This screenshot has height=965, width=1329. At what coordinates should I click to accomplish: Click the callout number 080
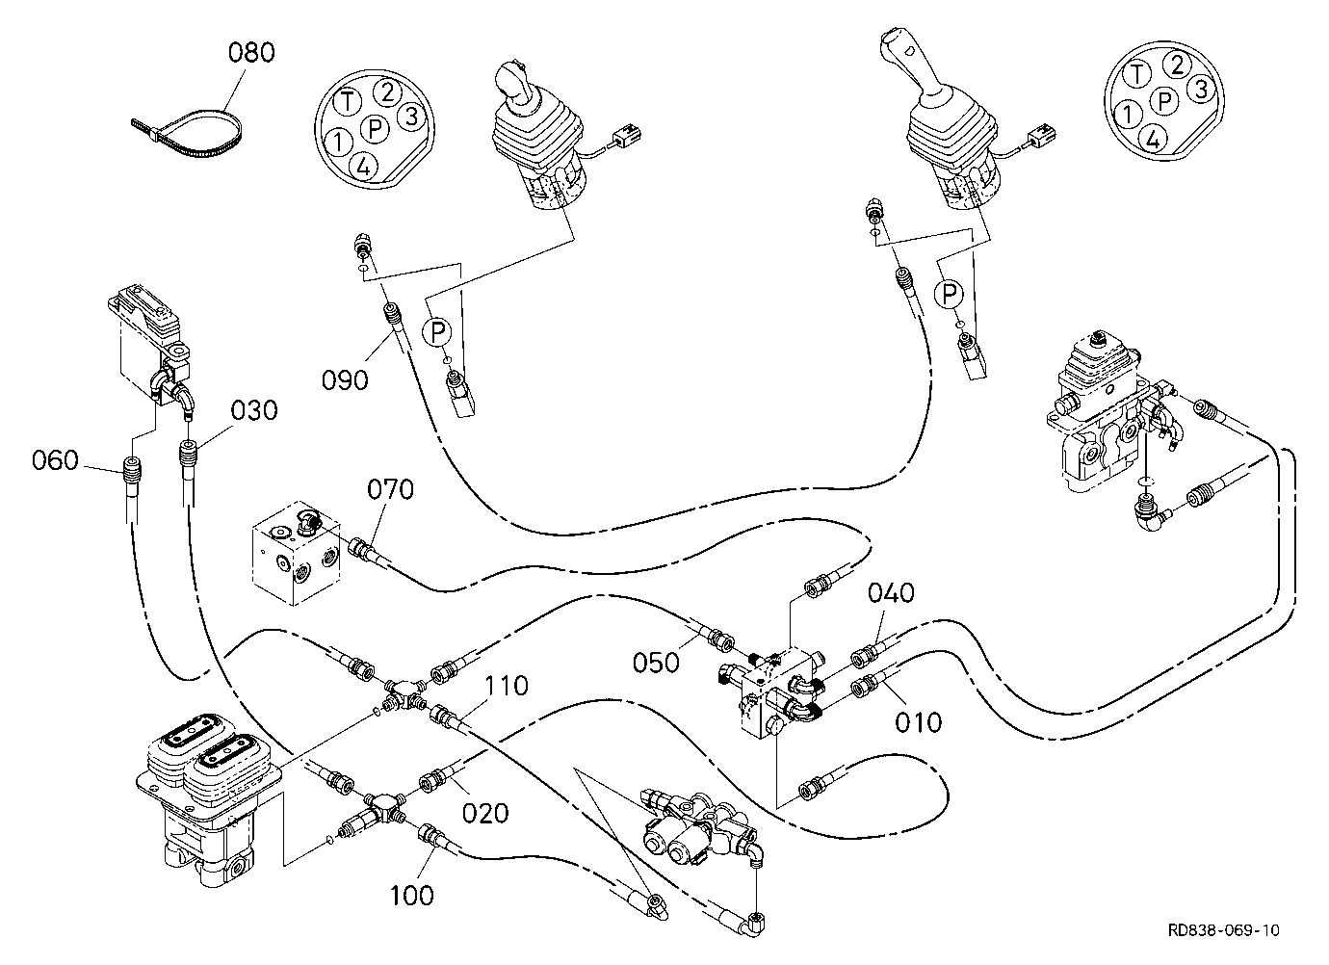[x=251, y=52]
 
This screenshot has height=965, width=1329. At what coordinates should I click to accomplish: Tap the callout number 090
[x=345, y=379]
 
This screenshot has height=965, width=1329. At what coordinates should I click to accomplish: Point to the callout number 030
[x=254, y=410]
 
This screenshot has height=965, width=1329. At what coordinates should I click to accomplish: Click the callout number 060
[x=55, y=460]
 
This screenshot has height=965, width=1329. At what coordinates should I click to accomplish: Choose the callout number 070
[x=390, y=489]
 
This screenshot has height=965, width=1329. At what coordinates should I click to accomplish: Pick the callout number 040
[x=891, y=592]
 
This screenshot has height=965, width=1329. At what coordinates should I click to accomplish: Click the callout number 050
[x=656, y=663]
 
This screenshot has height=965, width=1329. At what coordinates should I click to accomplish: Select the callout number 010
[x=919, y=722]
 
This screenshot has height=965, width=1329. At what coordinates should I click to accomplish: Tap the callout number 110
[x=507, y=686]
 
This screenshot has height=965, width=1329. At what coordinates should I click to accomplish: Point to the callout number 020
[x=485, y=813]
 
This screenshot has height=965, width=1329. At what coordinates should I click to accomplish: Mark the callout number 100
[x=412, y=895]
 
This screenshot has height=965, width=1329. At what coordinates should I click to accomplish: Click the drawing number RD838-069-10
[x=1223, y=929]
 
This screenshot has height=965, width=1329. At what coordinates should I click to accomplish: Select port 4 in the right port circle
[x=1152, y=139]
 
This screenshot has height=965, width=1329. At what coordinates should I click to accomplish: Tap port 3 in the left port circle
[x=411, y=116]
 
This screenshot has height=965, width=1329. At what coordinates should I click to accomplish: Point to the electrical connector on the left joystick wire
[x=626, y=136]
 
